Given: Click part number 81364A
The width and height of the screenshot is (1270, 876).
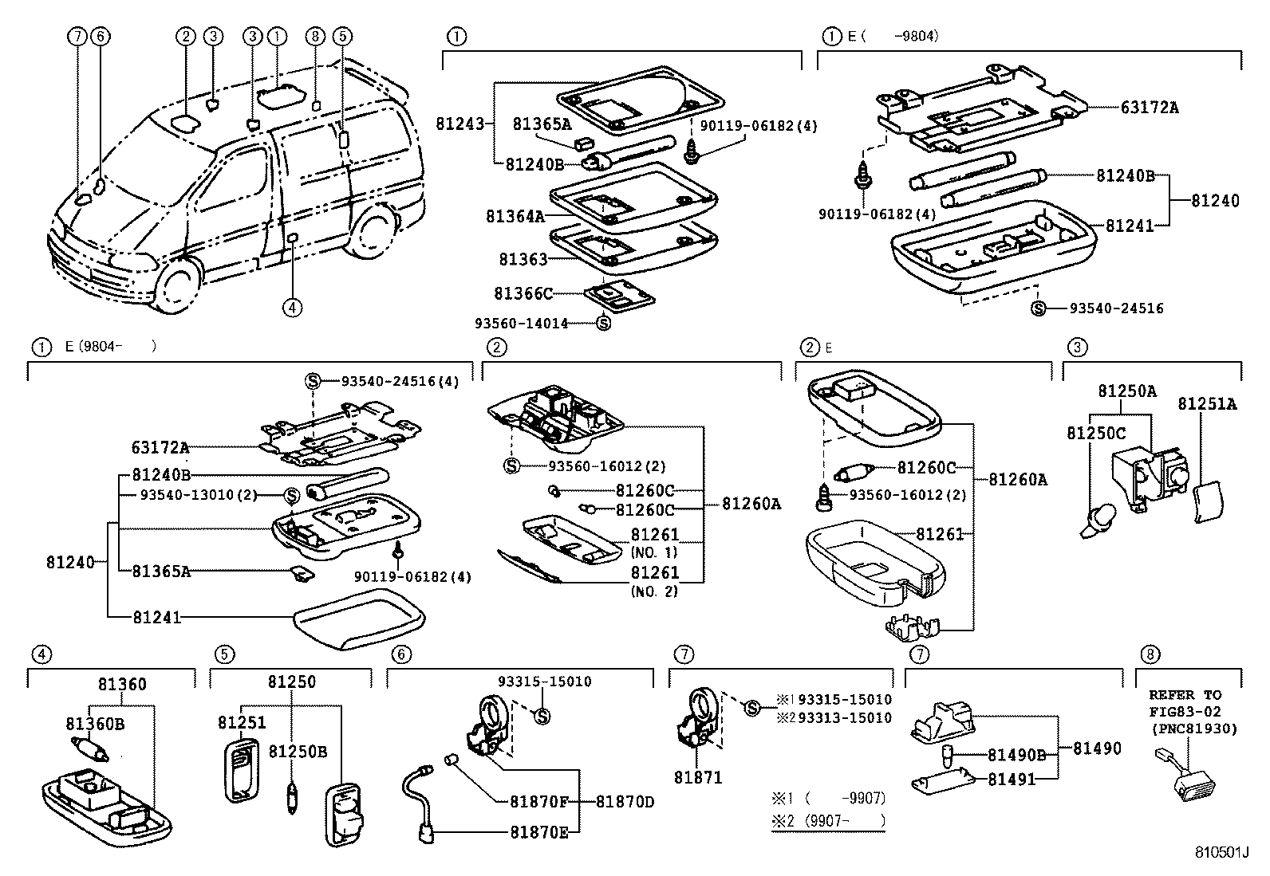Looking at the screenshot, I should point(515,216).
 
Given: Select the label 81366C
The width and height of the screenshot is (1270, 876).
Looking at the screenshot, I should point(523,294).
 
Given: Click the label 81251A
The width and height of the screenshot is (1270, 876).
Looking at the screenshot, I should point(1207,405).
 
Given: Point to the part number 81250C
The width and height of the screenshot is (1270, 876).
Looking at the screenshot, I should point(1096,433).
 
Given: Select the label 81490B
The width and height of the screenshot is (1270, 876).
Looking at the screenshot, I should point(1016,755).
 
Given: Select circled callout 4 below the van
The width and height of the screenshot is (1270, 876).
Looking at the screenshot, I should point(292,307).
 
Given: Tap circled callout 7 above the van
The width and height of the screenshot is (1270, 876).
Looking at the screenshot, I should point(77,36).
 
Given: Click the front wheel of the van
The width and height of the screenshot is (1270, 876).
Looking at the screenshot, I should point(177,283).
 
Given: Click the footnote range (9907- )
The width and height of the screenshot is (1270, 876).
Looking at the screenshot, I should point(844,820).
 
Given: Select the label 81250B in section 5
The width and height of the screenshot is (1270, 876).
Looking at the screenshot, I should point(298,752).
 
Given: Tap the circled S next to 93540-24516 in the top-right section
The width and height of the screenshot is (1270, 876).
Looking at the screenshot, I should point(1038,308).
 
